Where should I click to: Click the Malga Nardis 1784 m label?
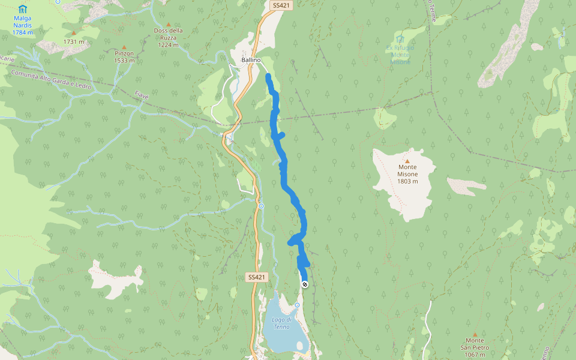pos(23,25)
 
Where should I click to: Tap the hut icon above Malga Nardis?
pos(23,9)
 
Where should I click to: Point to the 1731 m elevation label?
pos(74,42)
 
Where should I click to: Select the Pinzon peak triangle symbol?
pos(124,47)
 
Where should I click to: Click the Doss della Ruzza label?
pos(168,37)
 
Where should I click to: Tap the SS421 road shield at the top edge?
pos(281,5)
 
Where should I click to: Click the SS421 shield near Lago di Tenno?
pos(256,277)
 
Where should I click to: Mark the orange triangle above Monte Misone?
pos(407,161)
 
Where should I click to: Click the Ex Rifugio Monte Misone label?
pos(400,55)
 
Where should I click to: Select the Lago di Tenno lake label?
pos(281,323)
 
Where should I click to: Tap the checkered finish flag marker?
pos(305,284)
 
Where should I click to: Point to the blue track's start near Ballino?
pos(268,76)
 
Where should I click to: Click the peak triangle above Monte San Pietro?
pos(475,335)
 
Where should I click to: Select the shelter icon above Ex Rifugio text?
pos(400,38)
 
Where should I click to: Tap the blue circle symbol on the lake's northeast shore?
pos(297,305)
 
